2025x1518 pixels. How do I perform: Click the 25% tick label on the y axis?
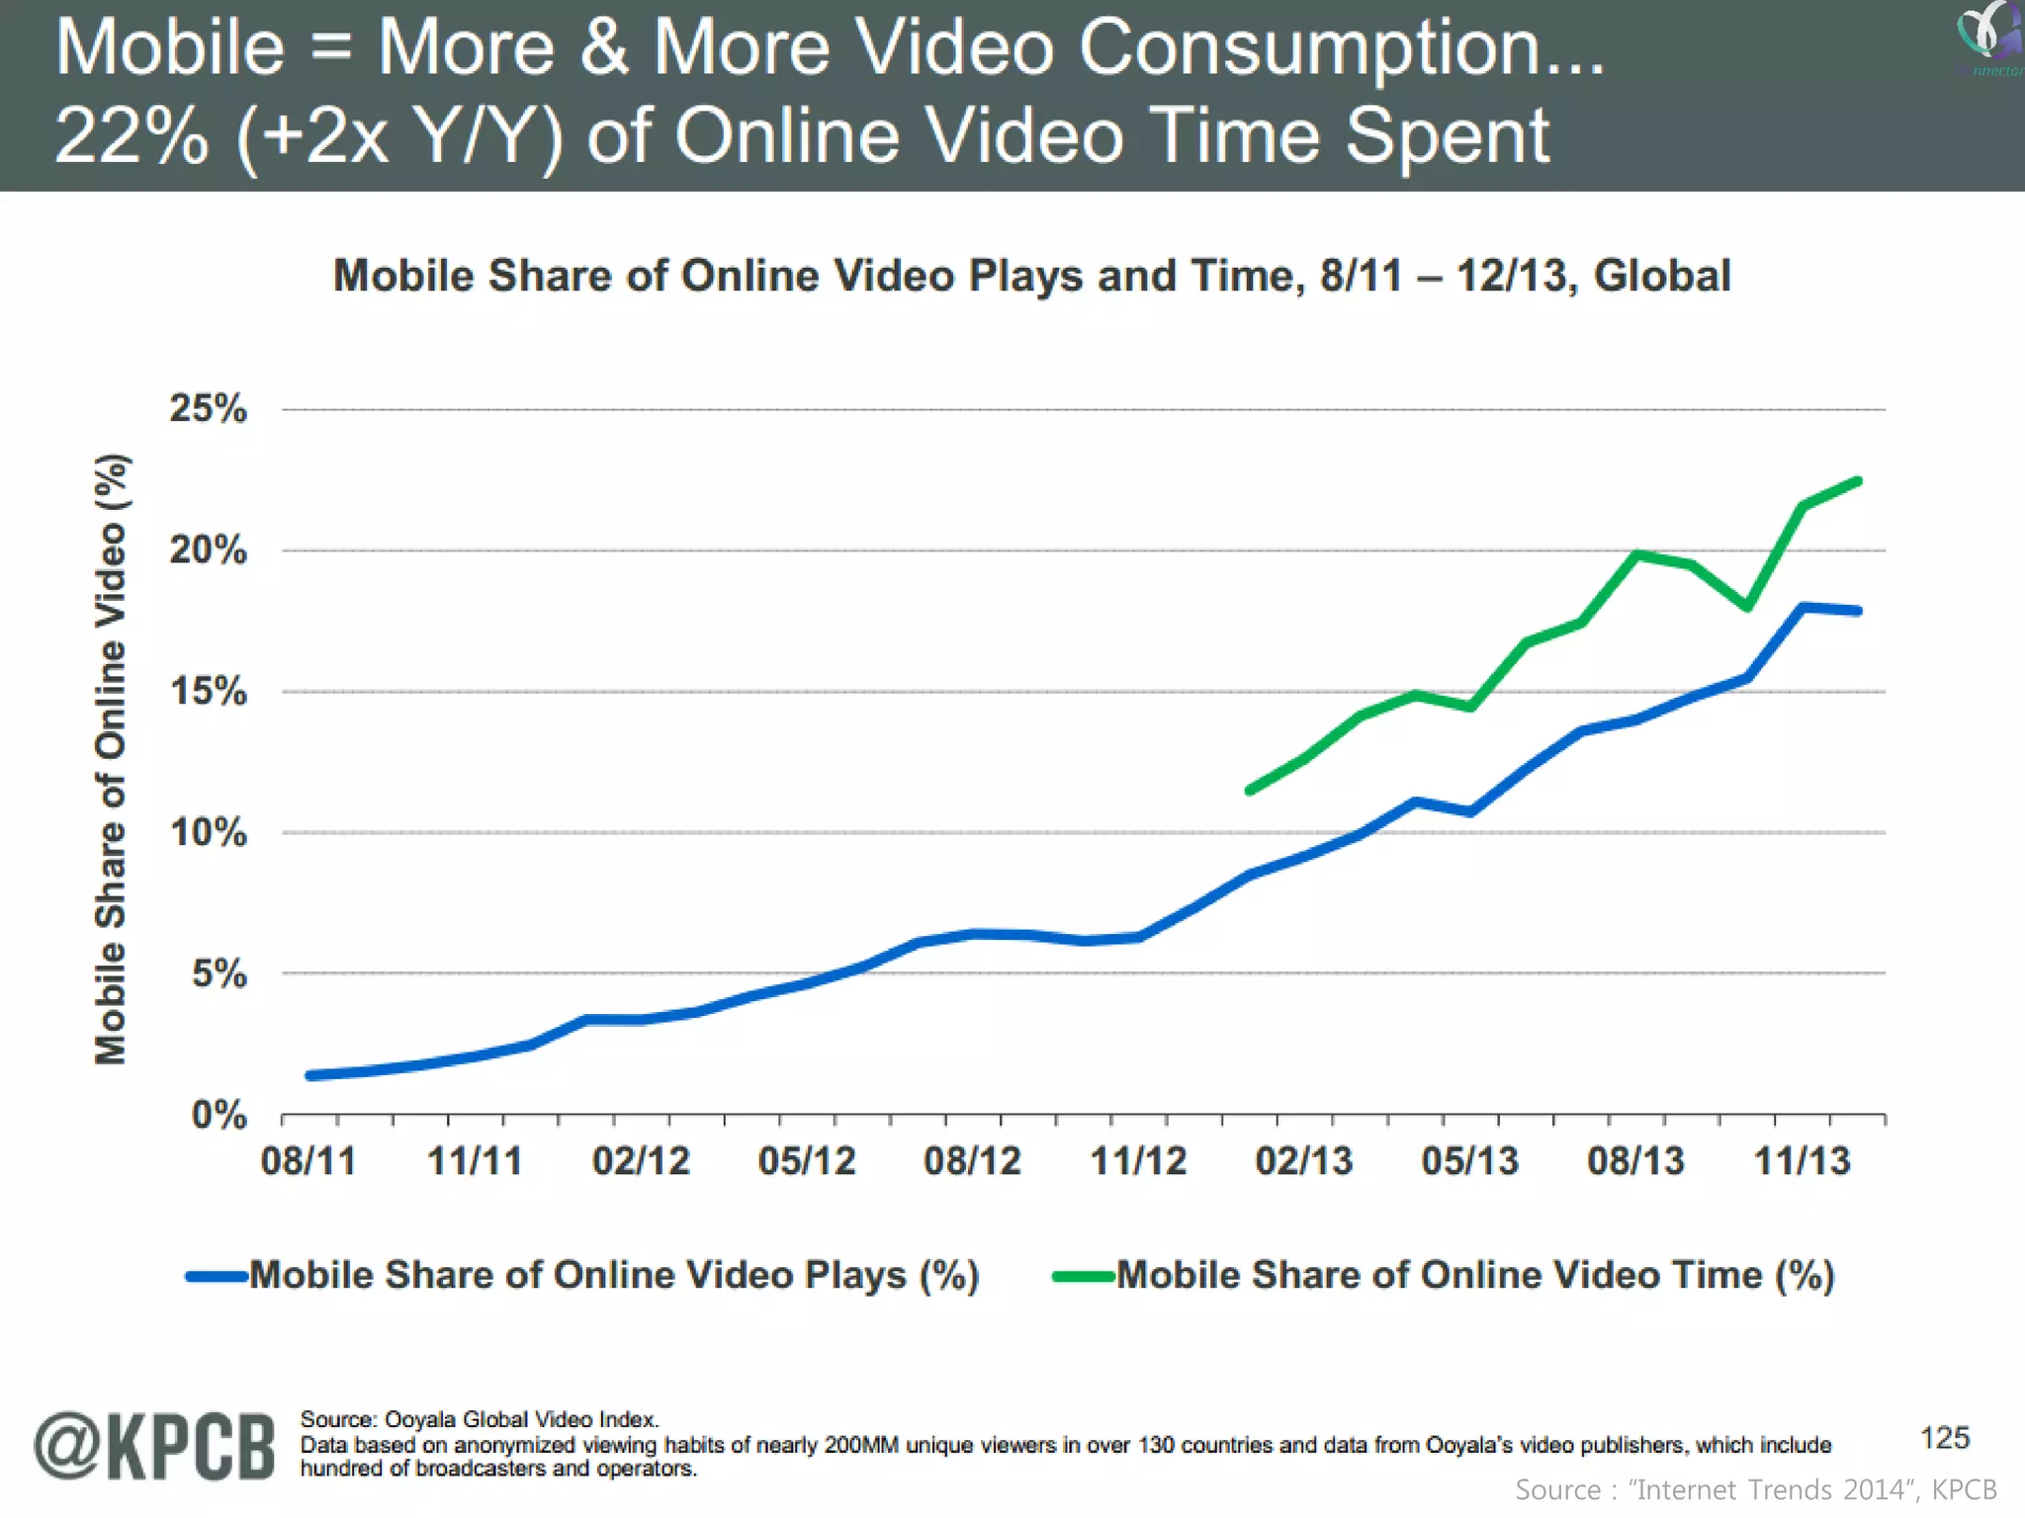click(208, 408)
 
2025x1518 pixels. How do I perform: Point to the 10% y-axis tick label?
click(208, 832)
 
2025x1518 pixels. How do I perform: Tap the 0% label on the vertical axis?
click(219, 1115)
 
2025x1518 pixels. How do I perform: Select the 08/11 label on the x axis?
click(308, 1160)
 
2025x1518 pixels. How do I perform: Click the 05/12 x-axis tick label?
click(807, 1160)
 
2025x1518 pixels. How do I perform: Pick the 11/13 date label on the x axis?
click(1802, 1160)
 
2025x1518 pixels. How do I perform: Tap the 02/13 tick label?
click(1303, 1160)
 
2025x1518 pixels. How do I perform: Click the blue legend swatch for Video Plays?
click(217, 1277)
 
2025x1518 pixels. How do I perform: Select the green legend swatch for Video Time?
click(1084, 1277)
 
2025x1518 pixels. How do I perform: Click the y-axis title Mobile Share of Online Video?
click(111, 759)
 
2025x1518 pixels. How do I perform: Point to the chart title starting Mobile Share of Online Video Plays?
click(1031, 276)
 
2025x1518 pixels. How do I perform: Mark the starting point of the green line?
click(1250, 791)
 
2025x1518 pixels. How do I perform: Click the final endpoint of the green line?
click(1858, 481)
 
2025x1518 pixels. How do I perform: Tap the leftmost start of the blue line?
click(310, 1075)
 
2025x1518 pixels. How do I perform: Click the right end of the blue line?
click(1858, 611)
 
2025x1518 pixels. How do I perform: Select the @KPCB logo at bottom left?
click(155, 1446)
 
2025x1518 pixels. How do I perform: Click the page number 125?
click(1944, 1438)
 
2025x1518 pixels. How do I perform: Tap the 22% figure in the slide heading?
click(132, 136)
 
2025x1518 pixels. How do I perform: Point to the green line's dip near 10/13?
click(1747, 607)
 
